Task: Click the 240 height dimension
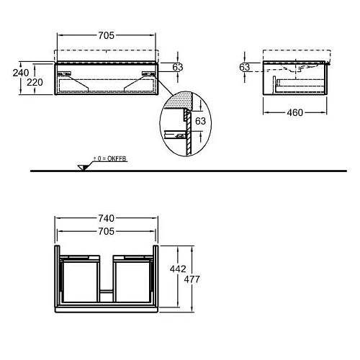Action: click(x=20, y=72)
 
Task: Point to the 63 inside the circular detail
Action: click(x=201, y=121)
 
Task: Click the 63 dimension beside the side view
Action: click(x=245, y=67)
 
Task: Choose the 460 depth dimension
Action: click(x=294, y=112)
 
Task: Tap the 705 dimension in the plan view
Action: click(x=106, y=231)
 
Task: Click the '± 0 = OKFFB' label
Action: click(x=110, y=158)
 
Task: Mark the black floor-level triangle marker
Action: click(x=84, y=167)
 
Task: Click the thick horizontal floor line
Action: click(x=216, y=171)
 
